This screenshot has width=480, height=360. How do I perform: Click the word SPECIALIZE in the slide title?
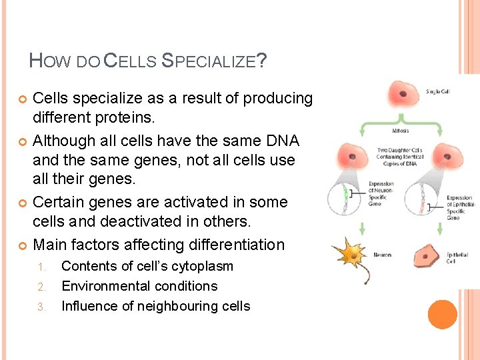coord(209,62)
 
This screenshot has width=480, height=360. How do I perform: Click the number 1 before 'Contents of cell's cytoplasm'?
coord(40,267)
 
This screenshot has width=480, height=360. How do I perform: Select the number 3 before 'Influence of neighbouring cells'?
coord(40,307)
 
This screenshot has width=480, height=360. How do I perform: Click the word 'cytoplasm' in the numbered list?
coord(201,266)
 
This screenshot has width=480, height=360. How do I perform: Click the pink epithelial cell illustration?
coord(425,256)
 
